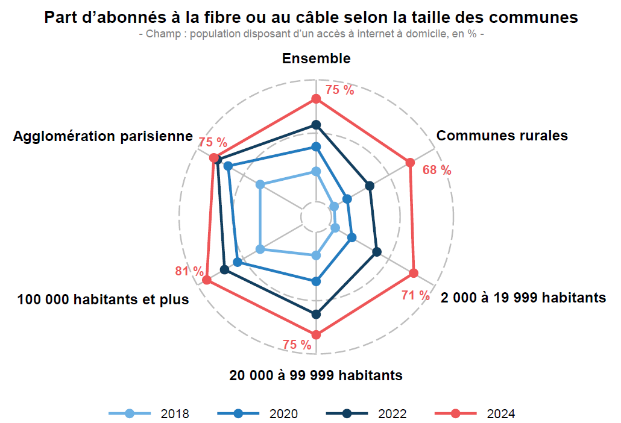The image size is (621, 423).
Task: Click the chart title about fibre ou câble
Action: pos(311,17)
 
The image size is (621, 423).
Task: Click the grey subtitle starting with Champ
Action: pos(311,34)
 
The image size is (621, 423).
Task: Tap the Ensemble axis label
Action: pos(316,58)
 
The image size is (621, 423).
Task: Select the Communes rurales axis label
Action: pos(502,136)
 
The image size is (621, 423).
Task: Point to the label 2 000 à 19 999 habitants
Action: pos(523,298)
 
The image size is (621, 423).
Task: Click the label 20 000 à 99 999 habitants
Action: pos(316,375)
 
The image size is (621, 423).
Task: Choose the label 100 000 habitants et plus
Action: pos(103,299)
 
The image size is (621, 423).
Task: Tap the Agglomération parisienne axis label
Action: pos(103,136)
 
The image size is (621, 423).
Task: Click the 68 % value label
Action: pos(437,170)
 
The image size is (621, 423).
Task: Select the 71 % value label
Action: pos(415,295)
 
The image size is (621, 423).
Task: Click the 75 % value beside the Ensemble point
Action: pos(339,90)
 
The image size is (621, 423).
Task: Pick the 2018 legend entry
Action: pos(150,413)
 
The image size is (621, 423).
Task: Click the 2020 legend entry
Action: pos(258,413)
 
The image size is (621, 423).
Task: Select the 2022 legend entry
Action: pos(367,413)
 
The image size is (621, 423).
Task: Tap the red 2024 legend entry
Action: pos(475,413)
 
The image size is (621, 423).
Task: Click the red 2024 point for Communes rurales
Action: pos(410,162)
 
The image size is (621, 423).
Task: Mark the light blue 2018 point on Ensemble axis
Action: pos(315,172)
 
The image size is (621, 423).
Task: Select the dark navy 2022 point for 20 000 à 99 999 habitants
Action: pos(316,314)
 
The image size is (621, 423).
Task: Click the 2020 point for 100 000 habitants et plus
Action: pos(238,262)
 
